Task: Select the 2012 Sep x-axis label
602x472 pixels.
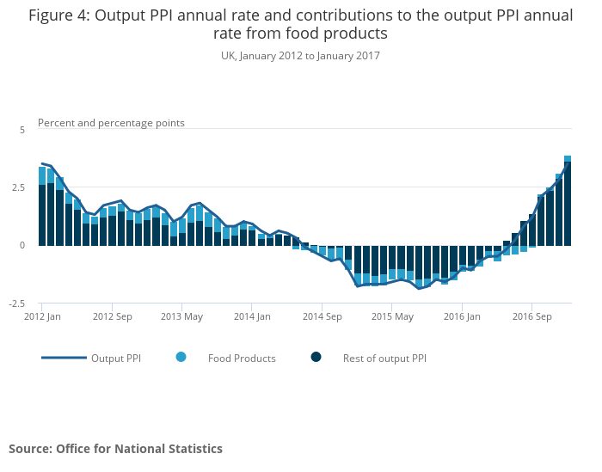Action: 113,316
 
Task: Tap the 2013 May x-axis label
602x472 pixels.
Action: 182,316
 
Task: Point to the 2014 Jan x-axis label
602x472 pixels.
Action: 252,316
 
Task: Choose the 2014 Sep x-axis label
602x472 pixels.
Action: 322,316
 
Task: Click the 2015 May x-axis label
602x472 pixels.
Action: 392,316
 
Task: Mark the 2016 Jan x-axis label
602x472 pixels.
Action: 463,316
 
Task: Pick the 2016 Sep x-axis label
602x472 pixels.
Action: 532,316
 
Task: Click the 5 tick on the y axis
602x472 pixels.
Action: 22,129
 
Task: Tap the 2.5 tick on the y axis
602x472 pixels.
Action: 19,187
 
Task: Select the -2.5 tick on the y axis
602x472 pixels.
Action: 17,303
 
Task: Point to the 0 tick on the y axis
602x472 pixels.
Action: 22,245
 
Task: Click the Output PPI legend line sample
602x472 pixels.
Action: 64,358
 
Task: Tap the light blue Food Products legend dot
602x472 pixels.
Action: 181,358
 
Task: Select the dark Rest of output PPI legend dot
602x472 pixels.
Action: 316,358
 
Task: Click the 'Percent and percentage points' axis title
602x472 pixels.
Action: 111,123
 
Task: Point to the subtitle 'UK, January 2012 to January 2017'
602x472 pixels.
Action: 300,56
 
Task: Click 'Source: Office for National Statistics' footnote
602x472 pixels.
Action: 115,449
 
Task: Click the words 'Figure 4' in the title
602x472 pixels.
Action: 58,15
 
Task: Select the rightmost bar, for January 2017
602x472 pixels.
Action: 568,201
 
